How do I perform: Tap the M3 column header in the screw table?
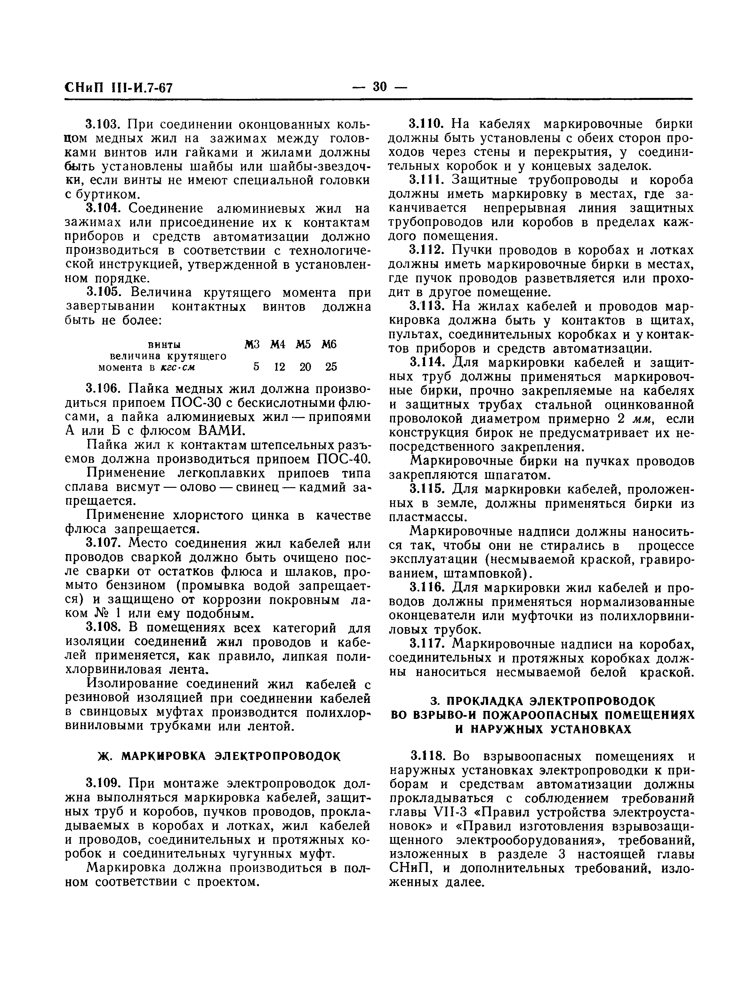(252, 345)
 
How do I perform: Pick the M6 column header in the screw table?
(329, 345)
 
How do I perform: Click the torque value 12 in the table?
(279, 367)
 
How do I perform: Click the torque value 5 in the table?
(256, 367)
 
